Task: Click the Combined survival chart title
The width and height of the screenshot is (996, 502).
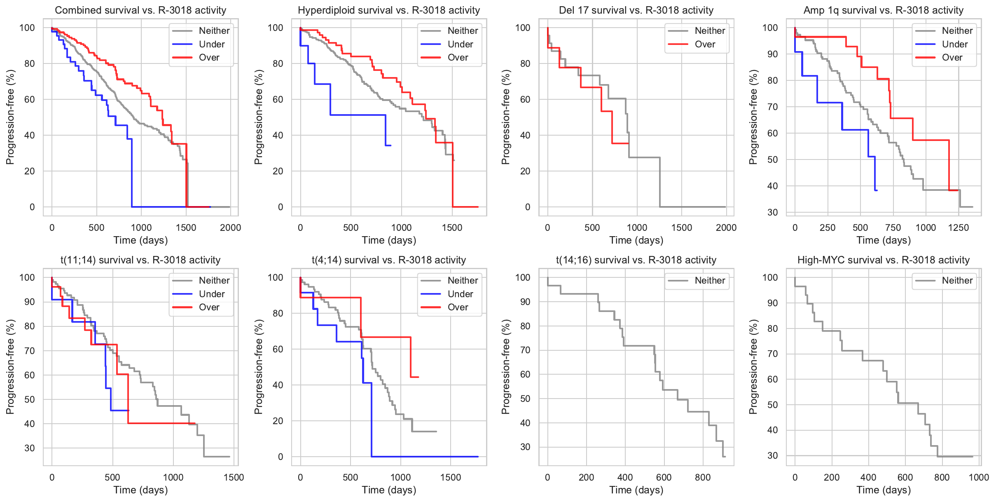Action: [x=140, y=10]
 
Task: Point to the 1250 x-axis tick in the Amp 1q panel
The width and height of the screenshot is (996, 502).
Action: [x=959, y=228]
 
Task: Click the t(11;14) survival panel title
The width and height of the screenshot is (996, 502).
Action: [x=140, y=260]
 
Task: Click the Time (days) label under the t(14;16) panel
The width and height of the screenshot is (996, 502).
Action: [x=636, y=490]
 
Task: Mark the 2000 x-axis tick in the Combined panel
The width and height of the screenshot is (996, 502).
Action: [x=230, y=228]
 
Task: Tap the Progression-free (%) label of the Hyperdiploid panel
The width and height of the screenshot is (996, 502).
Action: [x=258, y=117]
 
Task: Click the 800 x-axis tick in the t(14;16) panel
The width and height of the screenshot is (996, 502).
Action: [x=703, y=477]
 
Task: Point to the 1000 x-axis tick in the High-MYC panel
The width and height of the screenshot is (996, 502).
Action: [x=979, y=477]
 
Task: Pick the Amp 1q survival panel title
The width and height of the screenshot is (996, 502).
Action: [x=884, y=10]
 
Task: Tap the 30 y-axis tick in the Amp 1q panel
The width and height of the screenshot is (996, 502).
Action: [x=773, y=212]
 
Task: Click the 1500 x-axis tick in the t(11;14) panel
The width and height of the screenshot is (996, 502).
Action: [x=234, y=477]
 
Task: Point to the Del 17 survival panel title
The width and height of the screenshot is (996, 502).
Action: [x=636, y=10]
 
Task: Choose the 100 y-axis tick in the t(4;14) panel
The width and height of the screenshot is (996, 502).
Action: [x=276, y=277]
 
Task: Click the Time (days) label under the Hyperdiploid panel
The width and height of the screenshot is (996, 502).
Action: [x=389, y=240]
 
